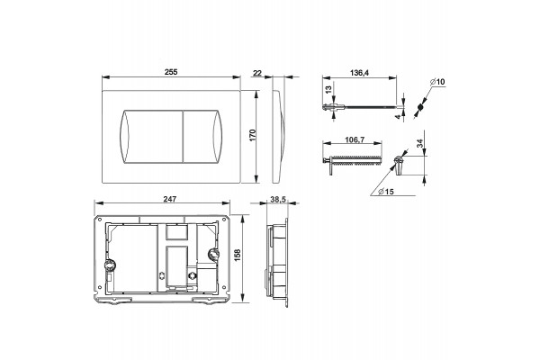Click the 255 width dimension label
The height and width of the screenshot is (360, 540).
(171, 72)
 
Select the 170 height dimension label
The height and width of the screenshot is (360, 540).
(253, 135)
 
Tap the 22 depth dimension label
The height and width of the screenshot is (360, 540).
(257, 73)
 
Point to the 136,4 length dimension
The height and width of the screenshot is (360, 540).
(359, 73)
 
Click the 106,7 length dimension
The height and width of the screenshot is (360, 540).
(355, 139)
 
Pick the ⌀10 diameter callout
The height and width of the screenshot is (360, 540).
(437, 82)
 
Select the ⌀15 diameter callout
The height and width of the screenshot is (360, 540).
(386, 192)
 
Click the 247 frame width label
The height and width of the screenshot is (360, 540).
(170, 199)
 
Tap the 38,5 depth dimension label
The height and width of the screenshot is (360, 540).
(278, 200)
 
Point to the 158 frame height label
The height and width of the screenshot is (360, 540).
(238, 255)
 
